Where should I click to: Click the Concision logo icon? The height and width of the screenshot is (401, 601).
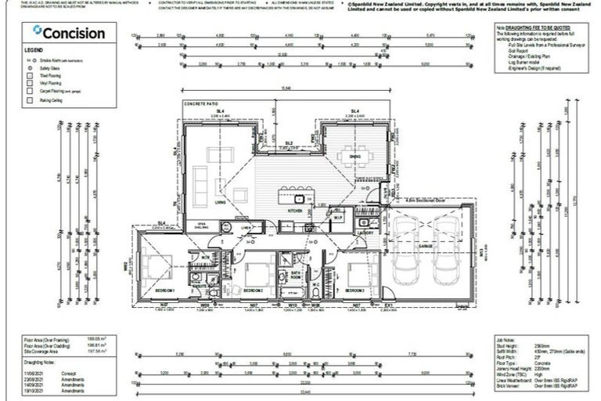pyautogui.click(x=37, y=32)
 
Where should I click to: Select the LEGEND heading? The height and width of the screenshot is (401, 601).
pyautogui.click(x=34, y=50)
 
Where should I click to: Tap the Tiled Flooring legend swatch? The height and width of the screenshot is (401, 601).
pyautogui.click(x=32, y=76)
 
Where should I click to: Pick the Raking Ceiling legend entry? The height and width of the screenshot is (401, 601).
pyautogui.click(x=50, y=100)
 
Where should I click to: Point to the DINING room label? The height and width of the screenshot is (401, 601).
pyautogui.click(x=355, y=157)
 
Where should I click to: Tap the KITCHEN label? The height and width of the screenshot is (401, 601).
pyautogui.click(x=295, y=211)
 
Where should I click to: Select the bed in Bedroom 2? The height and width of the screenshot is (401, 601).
pyautogui.click(x=257, y=274)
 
